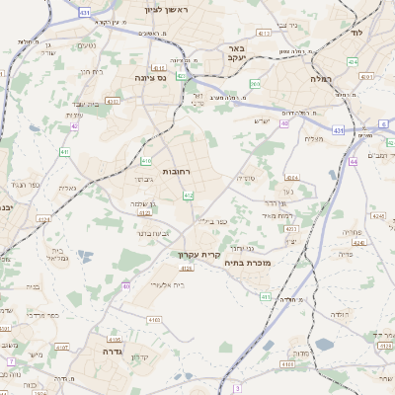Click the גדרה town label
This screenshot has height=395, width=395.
click(x=106, y=351)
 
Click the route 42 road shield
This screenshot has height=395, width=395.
click(x=75, y=126)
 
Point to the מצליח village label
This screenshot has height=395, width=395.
click(x=314, y=138)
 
